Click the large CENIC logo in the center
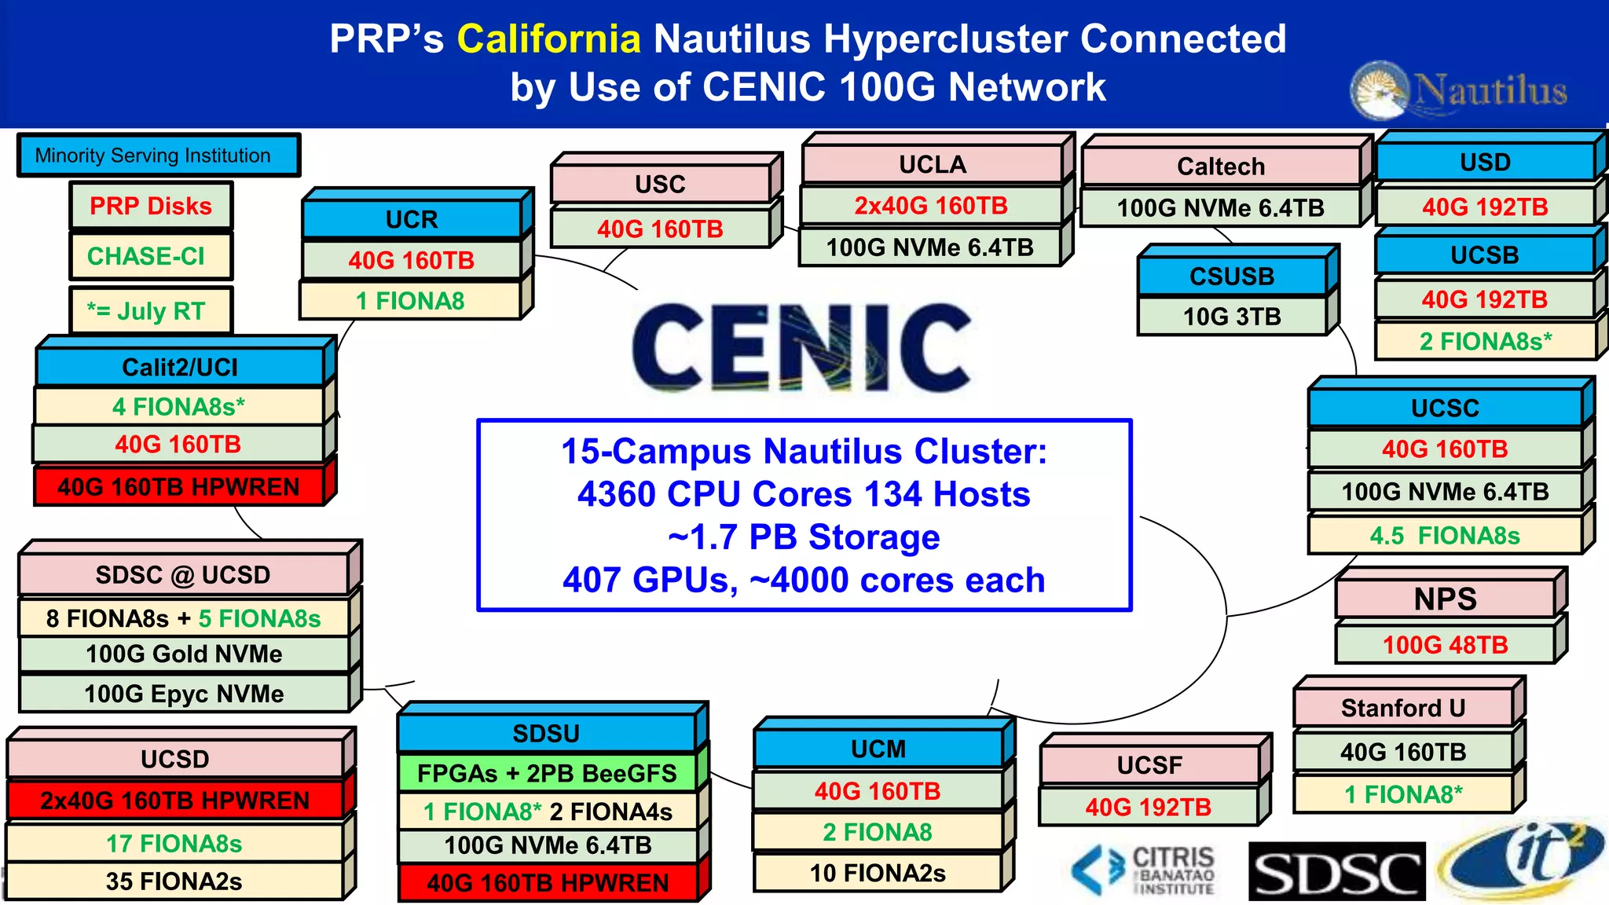pos(801,347)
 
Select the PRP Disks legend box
pos(150,207)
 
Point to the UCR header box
pos(412,219)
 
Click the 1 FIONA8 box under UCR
pos(410,301)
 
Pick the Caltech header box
pos(1220,167)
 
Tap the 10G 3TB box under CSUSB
pos(1231,317)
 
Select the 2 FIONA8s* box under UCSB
pos(1485,342)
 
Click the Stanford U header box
pos(1402,708)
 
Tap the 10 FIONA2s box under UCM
pos(878,873)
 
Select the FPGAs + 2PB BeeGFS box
pos(547,773)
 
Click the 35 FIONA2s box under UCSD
pos(174,881)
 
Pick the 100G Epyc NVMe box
pos(184,694)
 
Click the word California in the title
pos(548,39)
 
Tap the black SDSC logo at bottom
pos(1336,871)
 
